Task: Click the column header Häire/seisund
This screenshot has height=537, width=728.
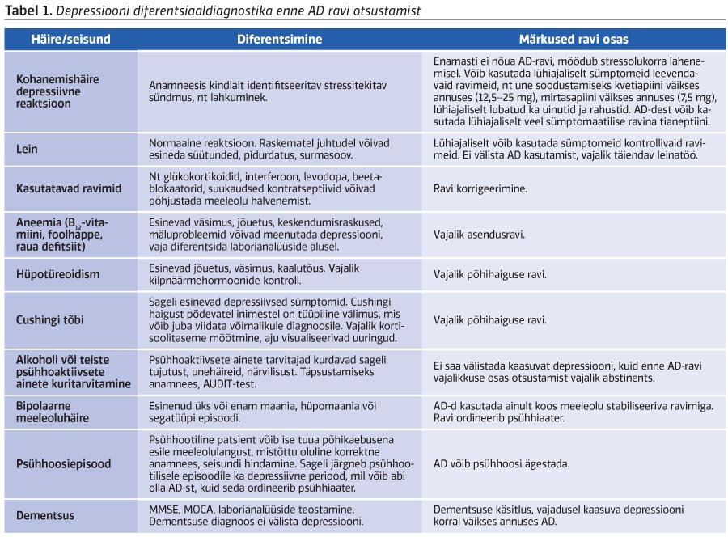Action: pos(70,39)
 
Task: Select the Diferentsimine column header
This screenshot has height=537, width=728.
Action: pos(279,39)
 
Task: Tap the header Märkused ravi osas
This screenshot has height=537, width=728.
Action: pos(573,39)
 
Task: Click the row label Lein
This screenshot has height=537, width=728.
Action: pos(28,149)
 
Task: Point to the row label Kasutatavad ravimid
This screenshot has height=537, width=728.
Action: pos(69,188)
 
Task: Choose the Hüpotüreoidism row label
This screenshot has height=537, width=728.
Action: pos(57,274)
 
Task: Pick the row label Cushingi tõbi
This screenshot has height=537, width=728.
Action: pos(53,319)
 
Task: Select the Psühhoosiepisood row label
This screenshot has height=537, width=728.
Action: pos(64,464)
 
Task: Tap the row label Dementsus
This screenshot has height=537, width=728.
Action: pos(45,515)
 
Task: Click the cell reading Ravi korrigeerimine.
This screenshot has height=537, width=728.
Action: pos(480,188)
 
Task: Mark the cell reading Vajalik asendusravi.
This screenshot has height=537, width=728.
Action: pos(479,235)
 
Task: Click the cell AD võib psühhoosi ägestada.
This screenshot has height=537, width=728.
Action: pos(502,464)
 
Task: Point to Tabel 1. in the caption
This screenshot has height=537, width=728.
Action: pos(30,11)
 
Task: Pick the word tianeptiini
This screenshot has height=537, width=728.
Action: pos(679,121)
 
